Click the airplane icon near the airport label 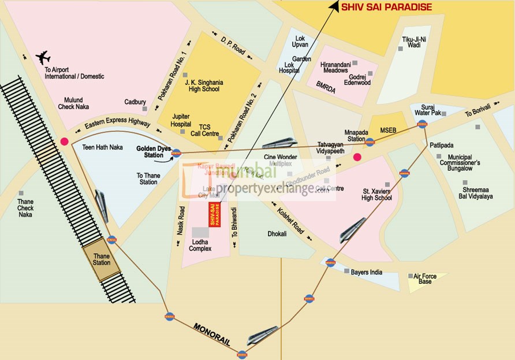click(43, 57)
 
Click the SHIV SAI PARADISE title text click(386, 7)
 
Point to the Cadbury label click(135, 102)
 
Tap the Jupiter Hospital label click(181, 120)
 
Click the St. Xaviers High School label click(377, 194)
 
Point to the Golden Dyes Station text click(154, 151)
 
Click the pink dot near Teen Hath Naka click(64, 141)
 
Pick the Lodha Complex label click(200, 244)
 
